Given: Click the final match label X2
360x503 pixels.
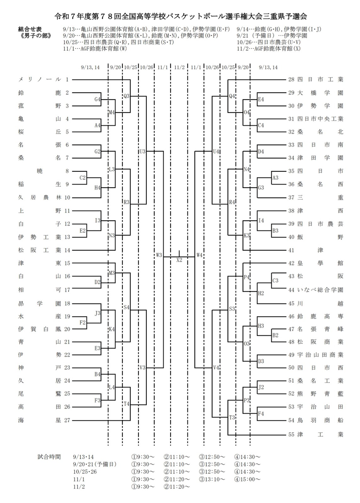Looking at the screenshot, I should pyautogui.click(x=179, y=260).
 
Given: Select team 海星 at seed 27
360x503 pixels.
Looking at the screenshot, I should pyautogui.click(x=39, y=420).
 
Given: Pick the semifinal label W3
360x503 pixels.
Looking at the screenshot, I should pyautogui.click(x=159, y=255).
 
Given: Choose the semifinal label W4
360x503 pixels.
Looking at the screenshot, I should pyautogui.click(x=199, y=255).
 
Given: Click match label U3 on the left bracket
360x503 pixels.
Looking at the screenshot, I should pyautogui.click(x=142, y=152).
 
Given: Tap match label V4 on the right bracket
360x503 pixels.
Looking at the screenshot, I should pyautogui.click(x=216, y=368).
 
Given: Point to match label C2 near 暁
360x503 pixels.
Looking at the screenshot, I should pyautogui.click(x=82, y=178).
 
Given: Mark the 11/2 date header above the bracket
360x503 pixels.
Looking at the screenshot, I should pyautogui.click(x=179, y=67).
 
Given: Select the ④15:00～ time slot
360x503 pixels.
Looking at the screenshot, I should pyautogui.click(x=247, y=479).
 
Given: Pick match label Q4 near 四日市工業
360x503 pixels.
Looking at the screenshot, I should pyautogui.click(x=232, y=96).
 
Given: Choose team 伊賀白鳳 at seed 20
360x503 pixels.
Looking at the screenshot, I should pyautogui.click(x=39, y=329).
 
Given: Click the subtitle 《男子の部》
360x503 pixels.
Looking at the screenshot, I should pyautogui.click(x=35, y=36).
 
